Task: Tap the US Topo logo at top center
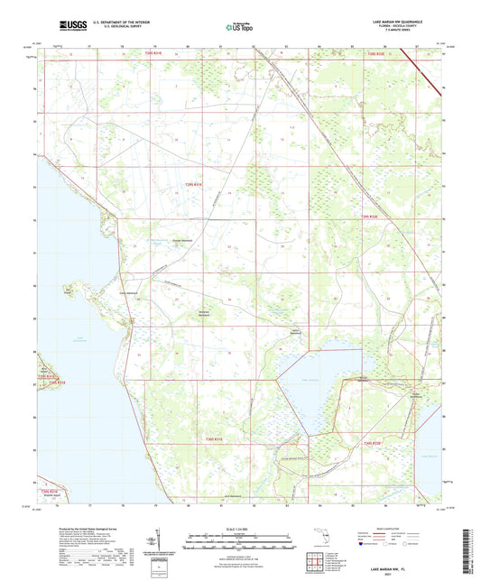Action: pos(238,28)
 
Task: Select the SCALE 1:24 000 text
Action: pos(240,529)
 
